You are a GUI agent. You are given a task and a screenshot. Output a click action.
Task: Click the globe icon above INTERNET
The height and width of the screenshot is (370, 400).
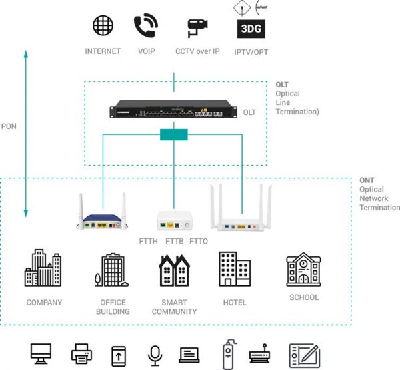tap(103, 25)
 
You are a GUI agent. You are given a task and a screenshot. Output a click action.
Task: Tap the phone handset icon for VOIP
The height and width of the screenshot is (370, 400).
tap(145, 25)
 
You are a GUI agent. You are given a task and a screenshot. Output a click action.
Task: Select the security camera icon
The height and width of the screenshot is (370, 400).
tap(197, 28)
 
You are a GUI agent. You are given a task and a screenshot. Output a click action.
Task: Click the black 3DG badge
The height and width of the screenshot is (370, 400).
tap(251, 29)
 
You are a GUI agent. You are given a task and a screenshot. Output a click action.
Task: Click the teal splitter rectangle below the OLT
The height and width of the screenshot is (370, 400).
tap(174, 134)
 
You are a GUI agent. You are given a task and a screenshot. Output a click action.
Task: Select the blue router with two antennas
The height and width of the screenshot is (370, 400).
tap(103, 215)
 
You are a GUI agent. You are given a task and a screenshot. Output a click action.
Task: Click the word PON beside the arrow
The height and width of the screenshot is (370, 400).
tap(9, 125)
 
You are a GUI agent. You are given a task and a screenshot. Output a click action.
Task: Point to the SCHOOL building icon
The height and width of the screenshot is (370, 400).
tap(303, 270)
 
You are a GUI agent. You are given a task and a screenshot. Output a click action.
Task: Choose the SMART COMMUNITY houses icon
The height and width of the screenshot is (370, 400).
tap(174, 270)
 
